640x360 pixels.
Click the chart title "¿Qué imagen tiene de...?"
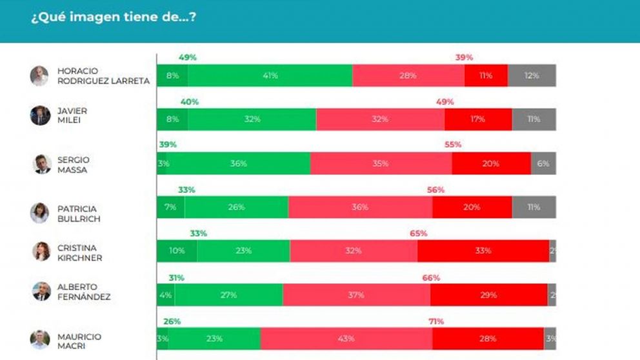pos(113,17)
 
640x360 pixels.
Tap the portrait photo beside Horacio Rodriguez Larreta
pos(39,75)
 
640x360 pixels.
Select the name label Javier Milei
pos(72,115)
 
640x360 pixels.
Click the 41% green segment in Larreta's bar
pos(270,75)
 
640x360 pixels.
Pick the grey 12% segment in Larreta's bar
pos(531,75)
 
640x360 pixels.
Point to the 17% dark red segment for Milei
pos(478,119)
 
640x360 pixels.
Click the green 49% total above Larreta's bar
pos(188,57)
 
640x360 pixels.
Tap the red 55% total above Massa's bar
pos(453,145)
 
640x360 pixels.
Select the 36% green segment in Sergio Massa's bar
pos(238,163)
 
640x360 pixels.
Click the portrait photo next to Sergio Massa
pos(42,164)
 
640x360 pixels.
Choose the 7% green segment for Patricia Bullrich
pos(170,207)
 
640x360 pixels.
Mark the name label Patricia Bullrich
pos(79,214)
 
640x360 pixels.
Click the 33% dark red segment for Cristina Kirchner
pos(483,251)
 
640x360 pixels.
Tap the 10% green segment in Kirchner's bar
pos(177,251)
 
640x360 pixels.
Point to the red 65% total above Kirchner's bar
pos(418,234)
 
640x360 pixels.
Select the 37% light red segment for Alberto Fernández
pos(356,295)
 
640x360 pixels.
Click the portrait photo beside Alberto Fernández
pos(41,291)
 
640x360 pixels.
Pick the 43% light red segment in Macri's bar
pos(346,339)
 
